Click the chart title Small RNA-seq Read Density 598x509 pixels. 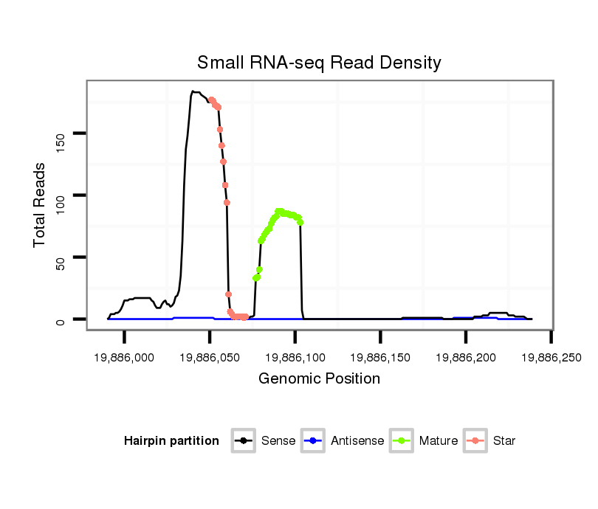pyautogui.click(x=319, y=63)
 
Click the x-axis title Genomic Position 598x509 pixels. pyautogui.click(x=319, y=379)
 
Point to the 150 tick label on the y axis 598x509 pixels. pyautogui.click(x=60, y=134)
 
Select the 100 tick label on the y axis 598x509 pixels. pyautogui.click(x=60, y=195)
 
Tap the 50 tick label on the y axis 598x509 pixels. pyautogui.click(x=60, y=257)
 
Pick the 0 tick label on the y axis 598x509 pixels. pyautogui.click(x=60, y=319)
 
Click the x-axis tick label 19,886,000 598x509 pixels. pyautogui.click(x=124, y=356)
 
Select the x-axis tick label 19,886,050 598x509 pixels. pyautogui.click(x=210, y=356)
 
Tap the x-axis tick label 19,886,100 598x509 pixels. pyautogui.click(x=295, y=356)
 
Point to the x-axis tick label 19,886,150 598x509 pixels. pyautogui.click(x=380, y=356)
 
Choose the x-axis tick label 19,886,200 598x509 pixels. pyautogui.click(x=465, y=356)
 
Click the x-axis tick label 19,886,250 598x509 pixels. pyautogui.click(x=551, y=356)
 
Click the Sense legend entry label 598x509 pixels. pyautogui.click(x=278, y=441)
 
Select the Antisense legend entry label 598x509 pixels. pyautogui.click(x=357, y=441)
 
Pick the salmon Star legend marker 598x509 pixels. pyautogui.click(x=476, y=441)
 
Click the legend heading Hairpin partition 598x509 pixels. pyautogui.click(x=171, y=441)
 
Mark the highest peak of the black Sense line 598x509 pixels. pyautogui.click(x=193, y=91)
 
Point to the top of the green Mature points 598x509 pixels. pyautogui.click(x=279, y=211)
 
